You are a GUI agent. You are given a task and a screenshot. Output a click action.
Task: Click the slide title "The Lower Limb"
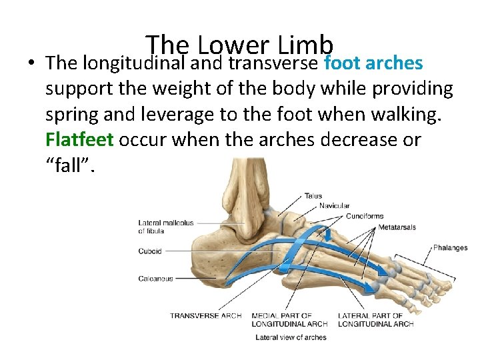click(x=239, y=45)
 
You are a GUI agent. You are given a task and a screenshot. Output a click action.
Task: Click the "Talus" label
click(x=313, y=196)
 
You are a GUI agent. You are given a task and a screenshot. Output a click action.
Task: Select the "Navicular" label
click(x=334, y=206)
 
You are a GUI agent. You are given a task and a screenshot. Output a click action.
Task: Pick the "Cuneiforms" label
click(x=367, y=216)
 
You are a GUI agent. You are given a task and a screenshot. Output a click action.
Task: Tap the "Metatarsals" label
click(x=397, y=227)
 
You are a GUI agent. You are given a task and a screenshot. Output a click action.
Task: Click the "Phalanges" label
click(x=450, y=248)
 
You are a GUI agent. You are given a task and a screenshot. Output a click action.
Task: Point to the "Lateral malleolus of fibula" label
click(x=165, y=227)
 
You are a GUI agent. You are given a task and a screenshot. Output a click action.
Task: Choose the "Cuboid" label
click(x=150, y=251)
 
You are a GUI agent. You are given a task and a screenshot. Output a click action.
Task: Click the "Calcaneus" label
click(x=155, y=279)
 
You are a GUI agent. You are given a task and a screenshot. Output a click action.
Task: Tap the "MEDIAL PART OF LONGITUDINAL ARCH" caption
click(x=289, y=319)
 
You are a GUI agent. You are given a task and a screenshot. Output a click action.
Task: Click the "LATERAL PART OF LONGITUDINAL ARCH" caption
click(x=375, y=319)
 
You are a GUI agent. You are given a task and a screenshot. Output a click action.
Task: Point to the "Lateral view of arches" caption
click(x=291, y=337)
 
